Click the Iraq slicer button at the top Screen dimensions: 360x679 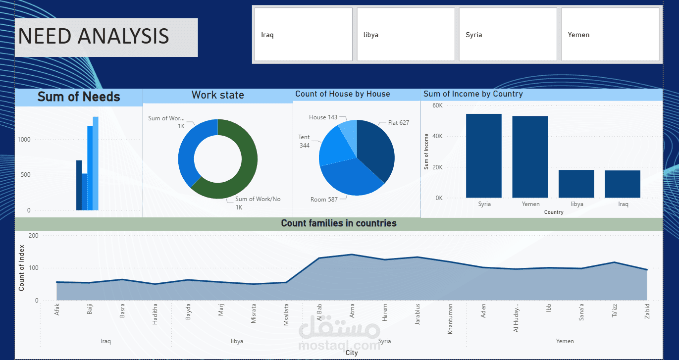[x=303, y=35]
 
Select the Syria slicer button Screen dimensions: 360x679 [x=508, y=35]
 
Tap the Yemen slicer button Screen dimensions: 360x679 [x=610, y=35]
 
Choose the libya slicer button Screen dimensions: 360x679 [x=406, y=35]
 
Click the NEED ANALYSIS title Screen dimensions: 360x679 [x=93, y=37]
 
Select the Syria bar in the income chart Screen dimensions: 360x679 [x=484, y=156]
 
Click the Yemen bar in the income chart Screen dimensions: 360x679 [x=530, y=157]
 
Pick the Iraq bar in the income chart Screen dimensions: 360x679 [x=623, y=184]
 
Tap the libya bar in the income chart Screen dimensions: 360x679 [x=576, y=184]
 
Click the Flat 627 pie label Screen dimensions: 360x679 [x=398, y=123]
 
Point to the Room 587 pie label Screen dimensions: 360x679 [x=324, y=200]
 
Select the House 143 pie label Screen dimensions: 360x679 [x=323, y=117]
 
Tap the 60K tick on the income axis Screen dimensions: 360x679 [x=437, y=105]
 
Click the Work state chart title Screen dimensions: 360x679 [x=217, y=95]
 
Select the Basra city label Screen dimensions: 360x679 [x=122, y=311]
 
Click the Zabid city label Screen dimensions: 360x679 [x=647, y=311]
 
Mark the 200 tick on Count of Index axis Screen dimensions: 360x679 [x=33, y=236]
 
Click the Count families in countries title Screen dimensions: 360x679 [x=339, y=223]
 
